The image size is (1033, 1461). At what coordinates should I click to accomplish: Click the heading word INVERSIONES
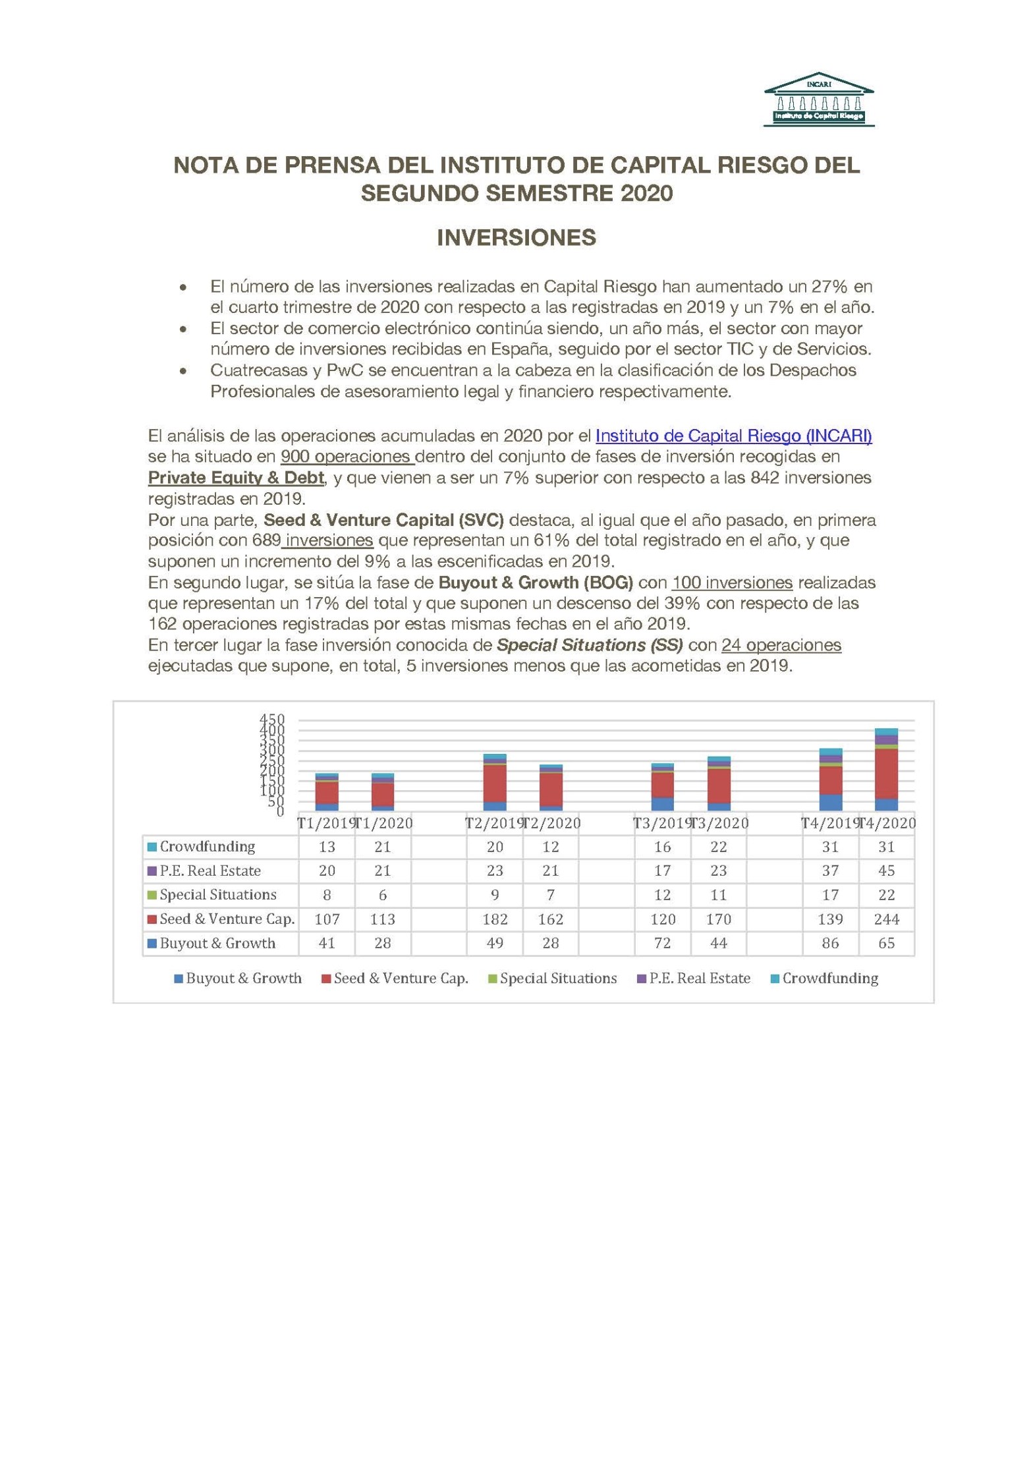tap(516, 238)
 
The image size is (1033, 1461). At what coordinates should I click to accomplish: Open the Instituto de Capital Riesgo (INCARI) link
tap(733, 436)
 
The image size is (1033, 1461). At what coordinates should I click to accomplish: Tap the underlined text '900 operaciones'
tap(347, 457)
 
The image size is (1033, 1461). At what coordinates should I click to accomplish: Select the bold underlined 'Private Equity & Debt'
tap(236, 478)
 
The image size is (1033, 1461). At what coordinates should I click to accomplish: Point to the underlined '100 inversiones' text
tap(732, 583)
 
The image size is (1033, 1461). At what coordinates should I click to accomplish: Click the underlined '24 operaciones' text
tap(781, 645)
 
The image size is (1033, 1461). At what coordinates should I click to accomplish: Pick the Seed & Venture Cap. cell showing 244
tap(886, 919)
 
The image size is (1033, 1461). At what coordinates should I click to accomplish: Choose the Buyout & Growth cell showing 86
tap(830, 943)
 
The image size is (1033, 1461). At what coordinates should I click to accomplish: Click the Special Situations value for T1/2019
tap(327, 895)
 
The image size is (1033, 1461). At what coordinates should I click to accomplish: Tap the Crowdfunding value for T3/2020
tap(718, 847)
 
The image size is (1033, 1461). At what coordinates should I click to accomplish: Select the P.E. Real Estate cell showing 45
tap(886, 871)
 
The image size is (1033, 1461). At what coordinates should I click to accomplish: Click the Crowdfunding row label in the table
tap(207, 847)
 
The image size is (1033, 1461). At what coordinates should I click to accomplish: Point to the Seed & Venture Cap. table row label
tap(227, 919)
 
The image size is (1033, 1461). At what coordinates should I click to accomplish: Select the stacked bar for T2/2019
tap(495, 782)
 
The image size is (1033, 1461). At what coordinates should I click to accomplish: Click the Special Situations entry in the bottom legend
tap(558, 979)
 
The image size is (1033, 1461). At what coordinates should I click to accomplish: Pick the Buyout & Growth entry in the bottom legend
tap(244, 979)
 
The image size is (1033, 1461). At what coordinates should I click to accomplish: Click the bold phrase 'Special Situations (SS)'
tap(590, 645)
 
